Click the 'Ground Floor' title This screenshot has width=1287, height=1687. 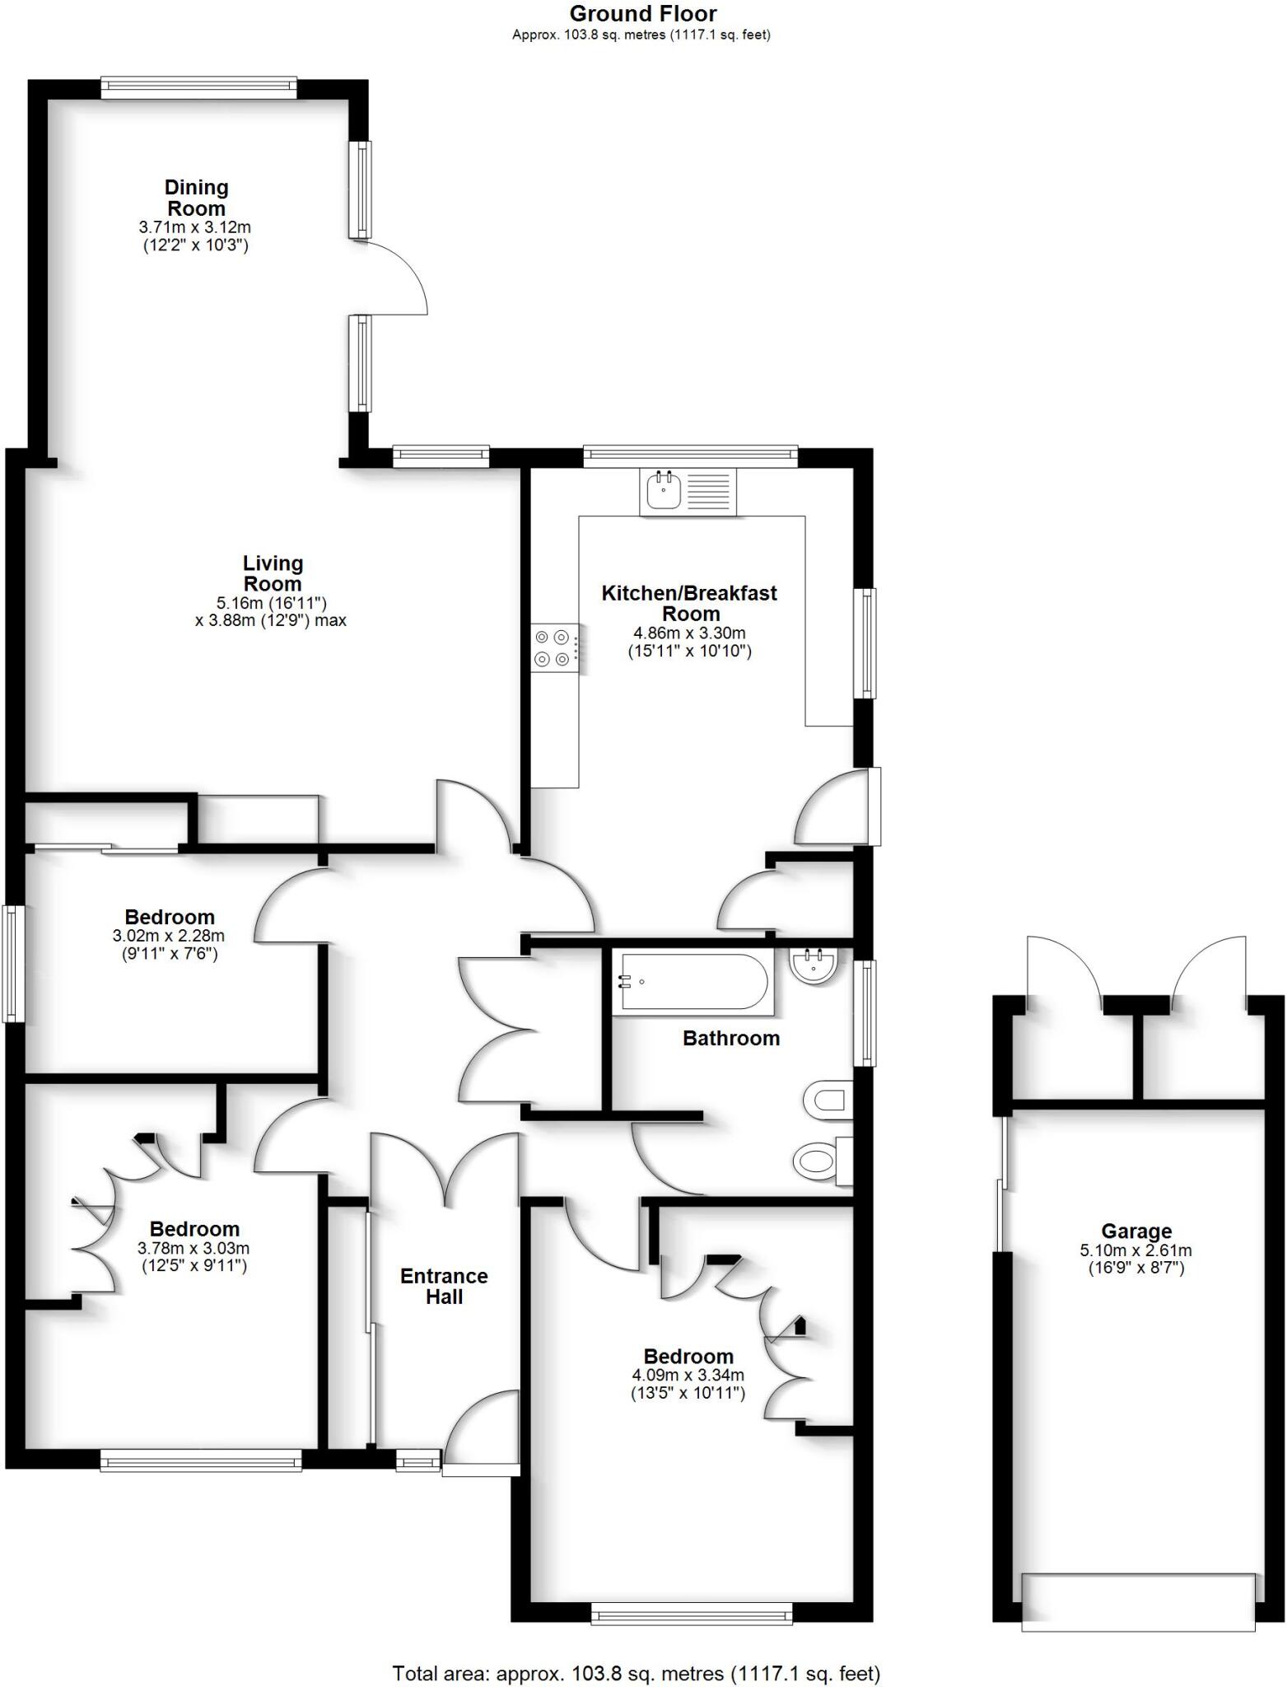tap(642, 14)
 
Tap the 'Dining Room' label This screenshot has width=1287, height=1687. tap(196, 198)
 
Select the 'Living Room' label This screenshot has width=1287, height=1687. tap(273, 573)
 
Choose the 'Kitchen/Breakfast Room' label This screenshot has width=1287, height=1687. tap(689, 603)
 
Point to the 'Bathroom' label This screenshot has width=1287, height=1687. tap(731, 1038)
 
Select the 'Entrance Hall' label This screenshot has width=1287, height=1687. tap(444, 1286)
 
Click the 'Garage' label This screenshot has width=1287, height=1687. tap(1136, 1231)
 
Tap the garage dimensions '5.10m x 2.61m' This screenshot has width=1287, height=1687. tap(1136, 1250)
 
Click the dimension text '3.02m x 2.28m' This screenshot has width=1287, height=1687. tap(169, 937)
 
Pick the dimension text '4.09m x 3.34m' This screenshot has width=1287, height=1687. tap(688, 1375)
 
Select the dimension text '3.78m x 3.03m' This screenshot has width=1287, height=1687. tap(194, 1249)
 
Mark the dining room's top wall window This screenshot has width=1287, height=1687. tap(198, 86)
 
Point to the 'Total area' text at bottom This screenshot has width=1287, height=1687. tap(636, 1673)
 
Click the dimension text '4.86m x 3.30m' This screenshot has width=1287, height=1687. tap(689, 633)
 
